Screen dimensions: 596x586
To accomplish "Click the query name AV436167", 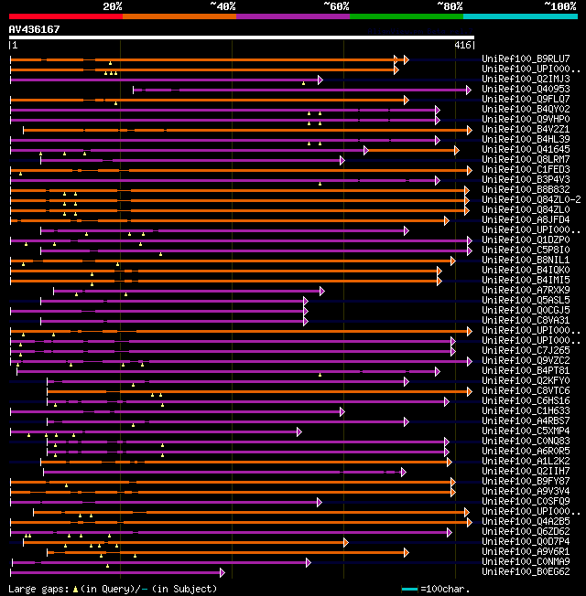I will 35,29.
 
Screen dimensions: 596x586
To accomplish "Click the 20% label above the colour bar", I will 113,6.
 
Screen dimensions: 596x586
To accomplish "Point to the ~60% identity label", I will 336,6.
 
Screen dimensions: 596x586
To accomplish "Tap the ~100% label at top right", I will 559,6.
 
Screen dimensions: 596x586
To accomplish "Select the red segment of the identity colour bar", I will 65,16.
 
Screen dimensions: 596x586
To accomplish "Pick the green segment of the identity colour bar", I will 406,16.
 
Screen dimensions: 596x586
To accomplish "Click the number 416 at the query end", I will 462,45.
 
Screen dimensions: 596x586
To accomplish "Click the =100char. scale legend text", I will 548,589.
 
